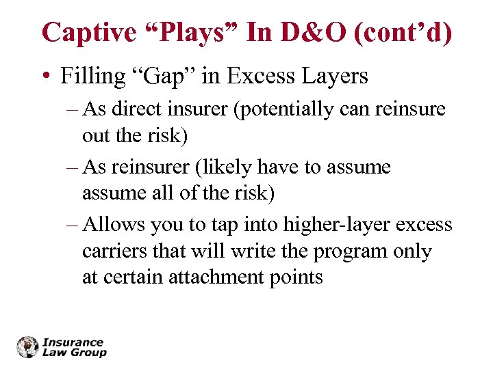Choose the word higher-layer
pos(335,225)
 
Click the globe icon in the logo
pos(29,347)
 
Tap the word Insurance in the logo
pos(73,342)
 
